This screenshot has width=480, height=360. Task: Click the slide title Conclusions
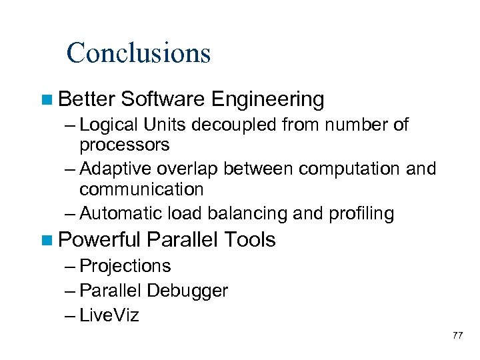click(x=138, y=53)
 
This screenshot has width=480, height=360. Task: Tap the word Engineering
click(x=267, y=100)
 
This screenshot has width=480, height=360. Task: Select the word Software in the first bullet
click(x=163, y=100)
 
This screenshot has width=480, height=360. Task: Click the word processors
click(x=125, y=144)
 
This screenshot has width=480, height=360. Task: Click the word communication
click(x=141, y=189)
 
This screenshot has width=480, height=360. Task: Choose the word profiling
click(x=361, y=213)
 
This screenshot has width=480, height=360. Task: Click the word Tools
click(x=251, y=239)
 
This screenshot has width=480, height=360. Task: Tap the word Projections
click(x=125, y=266)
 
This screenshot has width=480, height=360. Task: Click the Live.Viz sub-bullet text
click(x=109, y=315)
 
